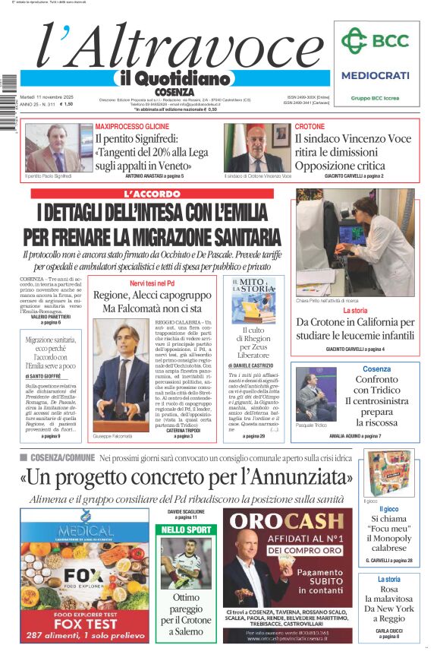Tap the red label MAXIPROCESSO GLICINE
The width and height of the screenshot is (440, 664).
(132, 125)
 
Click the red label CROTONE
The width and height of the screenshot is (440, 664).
(310, 126)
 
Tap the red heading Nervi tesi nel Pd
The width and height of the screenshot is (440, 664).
(152, 283)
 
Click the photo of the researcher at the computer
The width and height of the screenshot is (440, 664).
(355, 242)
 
